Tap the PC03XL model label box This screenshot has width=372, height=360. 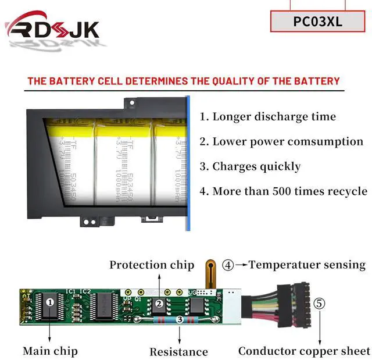(x=318, y=22)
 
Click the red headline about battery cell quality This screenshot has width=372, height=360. (x=184, y=81)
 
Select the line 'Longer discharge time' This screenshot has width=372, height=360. (x=268, y=116)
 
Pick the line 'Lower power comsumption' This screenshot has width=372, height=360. (x=281, y=141)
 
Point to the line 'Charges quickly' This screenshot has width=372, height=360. (x=251, y=166)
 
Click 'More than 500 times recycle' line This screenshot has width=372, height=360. (x=283, y=191)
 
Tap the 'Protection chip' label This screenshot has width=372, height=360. (x=152, y=265)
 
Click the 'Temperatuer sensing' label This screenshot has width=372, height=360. (x=307, y=265)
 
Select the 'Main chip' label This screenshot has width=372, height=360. (x=50, y=351)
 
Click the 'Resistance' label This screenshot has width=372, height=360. (x=178, y=351)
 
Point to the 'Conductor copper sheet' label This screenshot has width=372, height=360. (x=304, y=351)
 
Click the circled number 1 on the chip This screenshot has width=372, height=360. (x=50, y=302)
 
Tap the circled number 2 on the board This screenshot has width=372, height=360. (x=158, y=304)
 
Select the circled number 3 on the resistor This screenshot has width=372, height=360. (x=180, y=319)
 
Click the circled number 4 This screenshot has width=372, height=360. (x=228, y=265)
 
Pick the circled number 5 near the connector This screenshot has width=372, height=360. (x=320, y=304)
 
